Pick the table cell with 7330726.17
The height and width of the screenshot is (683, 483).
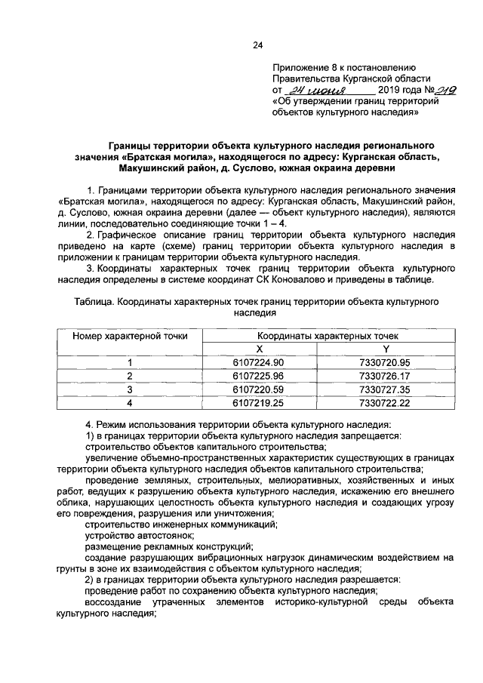tap(385, 376)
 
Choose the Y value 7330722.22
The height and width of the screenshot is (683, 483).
tap(385, 403)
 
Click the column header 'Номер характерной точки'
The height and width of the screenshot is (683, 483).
tap(129, 336)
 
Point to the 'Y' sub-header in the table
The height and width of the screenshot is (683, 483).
tap(385, 349)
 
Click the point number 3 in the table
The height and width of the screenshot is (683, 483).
tap(129, 389)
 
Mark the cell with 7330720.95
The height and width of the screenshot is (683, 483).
tap(385, 363)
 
